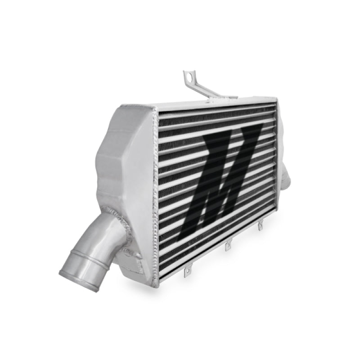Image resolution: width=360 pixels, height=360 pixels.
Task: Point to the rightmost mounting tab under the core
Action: point(260,226)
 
